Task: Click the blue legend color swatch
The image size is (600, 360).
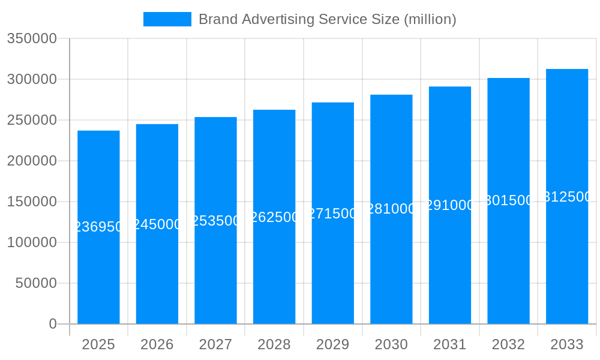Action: (x=167, y=19)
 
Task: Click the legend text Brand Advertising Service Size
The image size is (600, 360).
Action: (x=327, y=19)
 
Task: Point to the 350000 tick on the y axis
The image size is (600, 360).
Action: (x=32, y=39)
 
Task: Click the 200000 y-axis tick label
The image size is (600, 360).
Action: (x=32, y=161)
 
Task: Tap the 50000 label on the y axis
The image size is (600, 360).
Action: (x=36, y=283)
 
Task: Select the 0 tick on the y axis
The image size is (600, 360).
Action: (x=52, y=324)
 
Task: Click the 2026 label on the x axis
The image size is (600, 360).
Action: (x=157, y=344)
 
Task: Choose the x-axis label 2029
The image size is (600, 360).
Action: (x=333, y=344)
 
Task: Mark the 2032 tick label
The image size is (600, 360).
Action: (x=508, y=344)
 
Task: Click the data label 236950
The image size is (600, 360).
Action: (x=98, y=227)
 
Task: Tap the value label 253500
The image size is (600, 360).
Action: (x=216, y=221)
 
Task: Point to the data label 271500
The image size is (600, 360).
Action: (x=333, y=214)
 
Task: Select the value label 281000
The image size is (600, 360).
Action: (x=391, y=209)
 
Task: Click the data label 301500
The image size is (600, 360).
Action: (x=508, y=200)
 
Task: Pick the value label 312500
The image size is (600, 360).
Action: (x=567, y=197)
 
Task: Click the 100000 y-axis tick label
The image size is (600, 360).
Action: (x=32, y=242)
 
